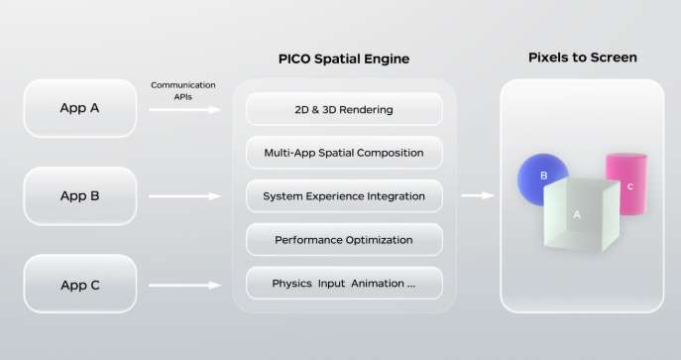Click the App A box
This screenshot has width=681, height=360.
coord(80,108)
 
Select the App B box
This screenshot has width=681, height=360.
coord(80,195)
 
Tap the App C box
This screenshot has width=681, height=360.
coord(80,285)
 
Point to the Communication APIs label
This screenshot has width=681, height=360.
coord(183,90)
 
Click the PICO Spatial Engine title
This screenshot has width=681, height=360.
coord(344,60)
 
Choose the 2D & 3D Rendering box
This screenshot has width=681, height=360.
coord(344,109)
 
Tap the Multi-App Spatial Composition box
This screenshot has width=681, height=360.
coord(344,153)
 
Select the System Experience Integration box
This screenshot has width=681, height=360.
coord(344,196)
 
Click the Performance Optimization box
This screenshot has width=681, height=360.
coord(344,240)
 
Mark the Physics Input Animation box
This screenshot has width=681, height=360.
coord(344,284)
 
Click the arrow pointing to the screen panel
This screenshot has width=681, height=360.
coord(478,195)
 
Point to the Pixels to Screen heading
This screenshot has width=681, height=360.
coord(582,57)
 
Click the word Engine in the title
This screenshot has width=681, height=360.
coord(387,60)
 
